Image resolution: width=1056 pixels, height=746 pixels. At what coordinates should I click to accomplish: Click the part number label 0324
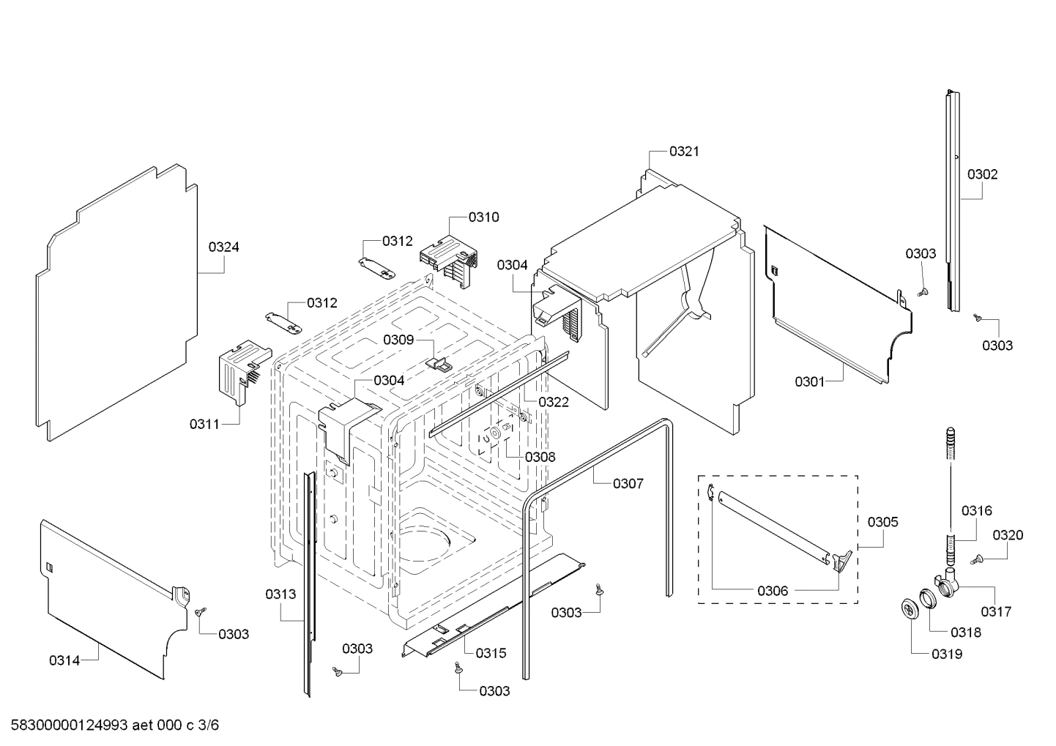223,247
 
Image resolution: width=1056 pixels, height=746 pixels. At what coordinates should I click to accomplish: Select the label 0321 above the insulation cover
684,152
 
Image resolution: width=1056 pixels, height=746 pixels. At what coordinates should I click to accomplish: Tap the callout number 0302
982,174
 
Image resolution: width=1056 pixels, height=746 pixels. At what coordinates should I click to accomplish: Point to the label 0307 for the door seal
628,483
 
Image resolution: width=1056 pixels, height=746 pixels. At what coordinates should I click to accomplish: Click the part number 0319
947,654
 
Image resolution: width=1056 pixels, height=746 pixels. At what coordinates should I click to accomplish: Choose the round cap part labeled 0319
910,609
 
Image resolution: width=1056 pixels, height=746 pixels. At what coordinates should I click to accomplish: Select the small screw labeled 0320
976,560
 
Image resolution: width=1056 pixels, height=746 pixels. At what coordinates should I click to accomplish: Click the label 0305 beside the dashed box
882,522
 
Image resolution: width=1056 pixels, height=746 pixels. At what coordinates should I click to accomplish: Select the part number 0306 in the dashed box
773,590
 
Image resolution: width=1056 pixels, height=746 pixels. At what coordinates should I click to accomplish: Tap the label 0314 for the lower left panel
64,660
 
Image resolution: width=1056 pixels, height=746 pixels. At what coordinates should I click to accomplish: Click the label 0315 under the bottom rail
491,653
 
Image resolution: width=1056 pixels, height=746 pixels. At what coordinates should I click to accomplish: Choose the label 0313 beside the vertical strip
280,594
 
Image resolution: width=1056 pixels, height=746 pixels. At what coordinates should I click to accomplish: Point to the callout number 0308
540,457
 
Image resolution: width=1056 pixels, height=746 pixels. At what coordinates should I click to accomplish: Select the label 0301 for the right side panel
810,381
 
